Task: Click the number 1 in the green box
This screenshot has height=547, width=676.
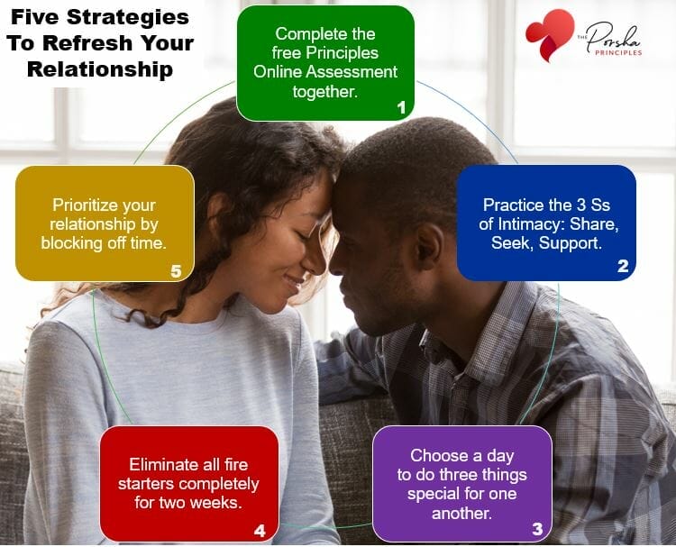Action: tap(401, 107)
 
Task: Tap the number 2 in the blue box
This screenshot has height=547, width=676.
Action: tap(623, 267)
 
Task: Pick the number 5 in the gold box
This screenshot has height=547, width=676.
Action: tap(177, 269)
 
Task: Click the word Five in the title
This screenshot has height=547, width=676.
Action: tap(30, 17)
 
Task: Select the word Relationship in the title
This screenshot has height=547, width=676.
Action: tap(99, 69)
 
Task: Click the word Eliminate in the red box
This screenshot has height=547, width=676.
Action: tap(162, 465)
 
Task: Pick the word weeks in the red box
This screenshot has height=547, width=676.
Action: tap(219, 503)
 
